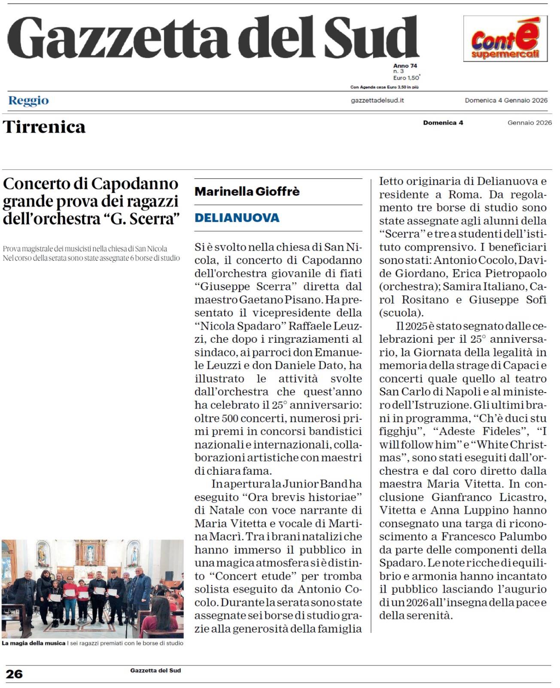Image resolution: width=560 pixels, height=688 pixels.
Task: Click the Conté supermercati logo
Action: coord(505,39)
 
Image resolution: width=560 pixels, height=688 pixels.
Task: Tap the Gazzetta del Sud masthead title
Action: coord(213,38)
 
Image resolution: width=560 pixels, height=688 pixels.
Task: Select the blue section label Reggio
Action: coord(28,101)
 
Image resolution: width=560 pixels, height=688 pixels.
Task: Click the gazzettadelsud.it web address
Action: coord(377,101)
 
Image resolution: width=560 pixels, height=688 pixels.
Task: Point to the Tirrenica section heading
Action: coord(44,127)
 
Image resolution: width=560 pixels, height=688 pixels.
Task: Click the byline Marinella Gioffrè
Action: coord(247,191)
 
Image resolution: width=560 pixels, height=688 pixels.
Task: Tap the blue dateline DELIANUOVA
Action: coord(237,218)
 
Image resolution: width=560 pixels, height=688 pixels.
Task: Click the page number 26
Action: coord(14,673)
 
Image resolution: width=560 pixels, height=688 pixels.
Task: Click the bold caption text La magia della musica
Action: coord(33,643)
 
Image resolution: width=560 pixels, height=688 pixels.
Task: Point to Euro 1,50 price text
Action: coord(406,78)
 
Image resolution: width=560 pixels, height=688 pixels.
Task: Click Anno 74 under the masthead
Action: coord(405,66)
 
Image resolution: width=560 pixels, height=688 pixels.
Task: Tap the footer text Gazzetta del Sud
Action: coord(155,670)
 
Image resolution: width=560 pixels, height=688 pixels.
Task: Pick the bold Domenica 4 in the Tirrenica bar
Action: coord(443,123)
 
